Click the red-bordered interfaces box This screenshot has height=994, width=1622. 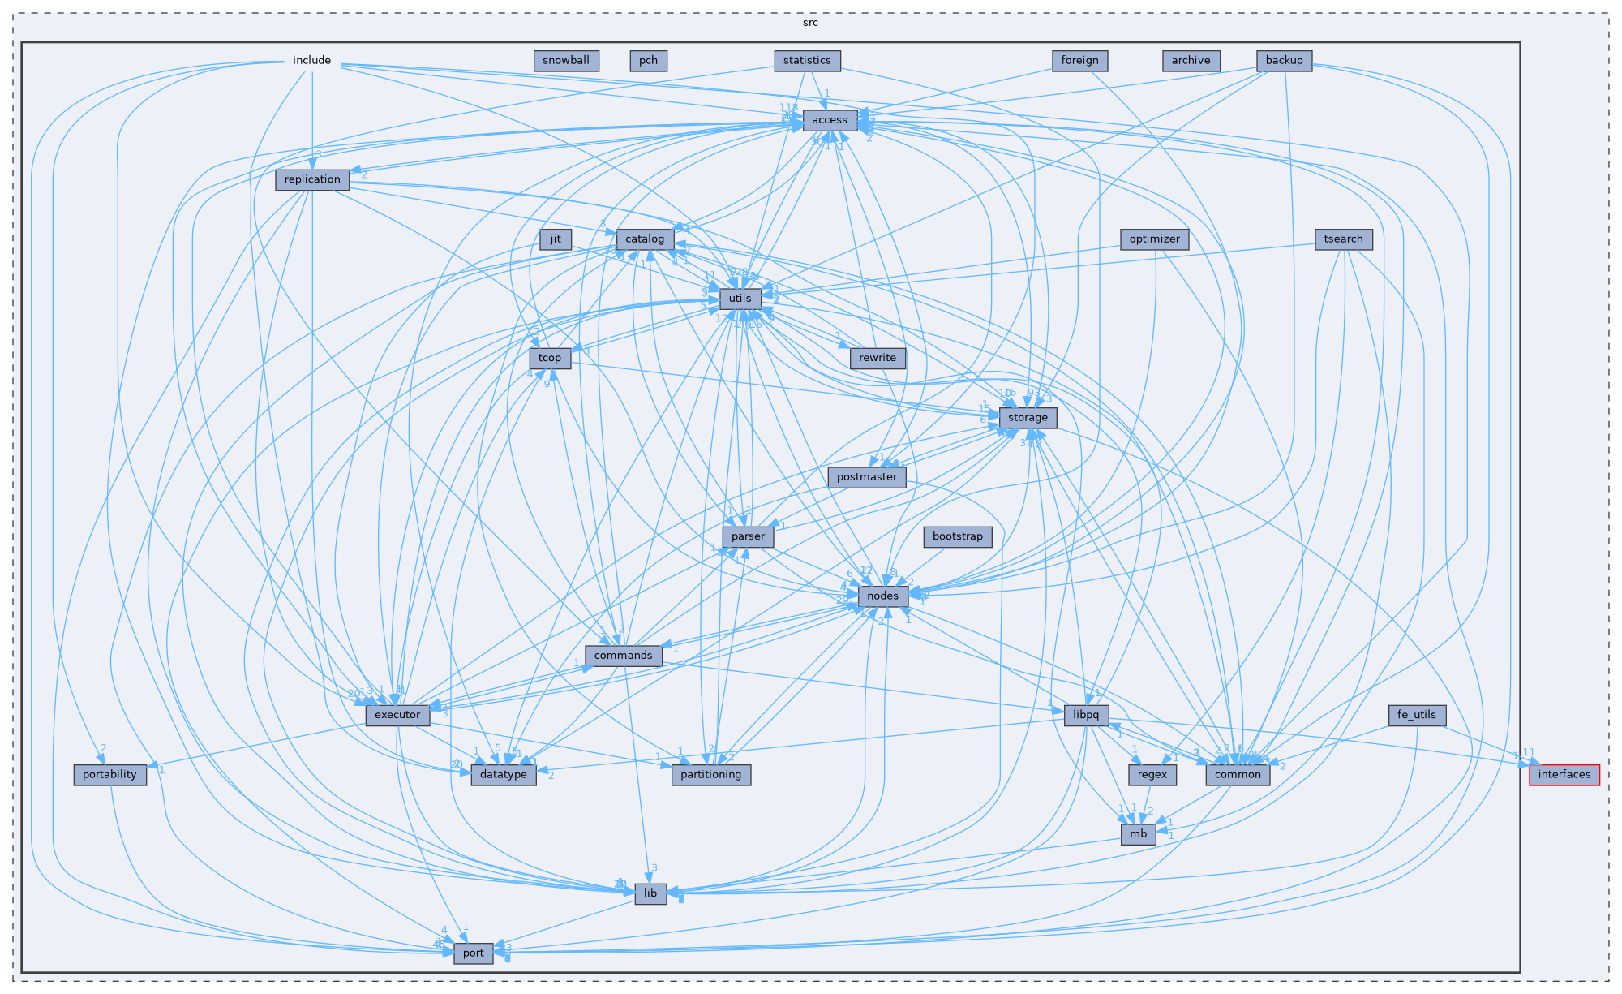coord(1564,774)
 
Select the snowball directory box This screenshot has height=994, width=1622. coord(566,60)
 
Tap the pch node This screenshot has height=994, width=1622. coord(648,60)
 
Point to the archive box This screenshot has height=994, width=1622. coord(1191,60)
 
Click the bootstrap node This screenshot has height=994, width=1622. coord(957,536)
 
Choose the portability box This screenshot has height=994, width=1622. coord(109,774)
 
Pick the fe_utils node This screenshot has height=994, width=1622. coord(1416,715)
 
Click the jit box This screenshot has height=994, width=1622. coord(556,239)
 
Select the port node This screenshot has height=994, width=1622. coord(473,953)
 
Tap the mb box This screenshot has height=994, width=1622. coord(1139,834)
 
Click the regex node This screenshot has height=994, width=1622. coord(1152,774)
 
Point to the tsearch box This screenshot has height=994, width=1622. coord(1343,239)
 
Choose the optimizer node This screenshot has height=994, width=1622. coord(1154,239)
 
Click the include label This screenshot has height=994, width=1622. coord(311,60)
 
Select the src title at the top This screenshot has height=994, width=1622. coord(810,22)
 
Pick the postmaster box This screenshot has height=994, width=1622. coord(866,477)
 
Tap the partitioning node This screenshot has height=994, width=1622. coord(710,774)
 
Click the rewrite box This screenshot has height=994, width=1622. coord(877,358)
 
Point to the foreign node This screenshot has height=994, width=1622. coord(1079,60)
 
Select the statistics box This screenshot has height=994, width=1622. coord(807,60)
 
